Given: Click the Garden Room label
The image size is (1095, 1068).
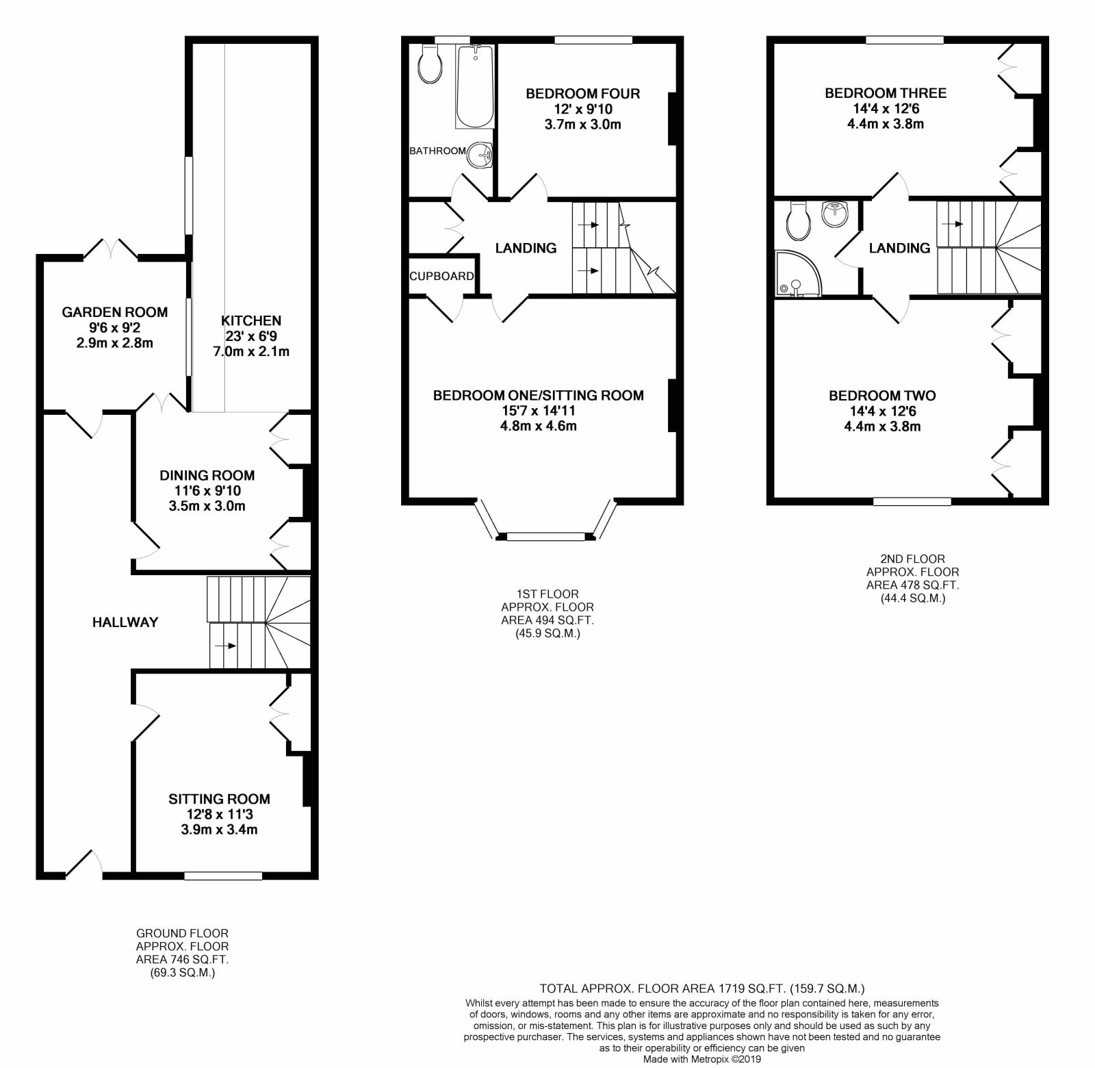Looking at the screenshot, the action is click(x=114, y=312).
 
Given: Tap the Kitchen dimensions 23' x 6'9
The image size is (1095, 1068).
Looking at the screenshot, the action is click(x=251, y=336).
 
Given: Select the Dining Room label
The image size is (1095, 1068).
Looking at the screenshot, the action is click(x=207, y=475).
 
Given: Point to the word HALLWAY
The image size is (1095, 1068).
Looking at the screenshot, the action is click(x=125, y=622).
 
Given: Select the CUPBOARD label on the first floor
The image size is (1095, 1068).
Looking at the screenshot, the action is click(x=441, y=276).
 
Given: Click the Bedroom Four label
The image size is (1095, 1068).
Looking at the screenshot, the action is click(x=582, y=94).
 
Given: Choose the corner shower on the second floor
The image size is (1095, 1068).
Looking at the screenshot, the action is click(x=798, y=274).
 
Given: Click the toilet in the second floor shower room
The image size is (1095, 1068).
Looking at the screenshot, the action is click(x=799, y=219).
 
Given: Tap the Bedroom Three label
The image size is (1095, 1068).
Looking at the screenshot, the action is click(x=885, y=93).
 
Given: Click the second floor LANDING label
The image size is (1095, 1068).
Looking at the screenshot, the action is click(x=899, y=248).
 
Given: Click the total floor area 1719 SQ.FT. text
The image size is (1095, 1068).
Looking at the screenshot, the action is click(x=702, y=989).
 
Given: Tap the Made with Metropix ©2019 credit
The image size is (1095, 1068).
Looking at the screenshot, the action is click(x=701, y=1058).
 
